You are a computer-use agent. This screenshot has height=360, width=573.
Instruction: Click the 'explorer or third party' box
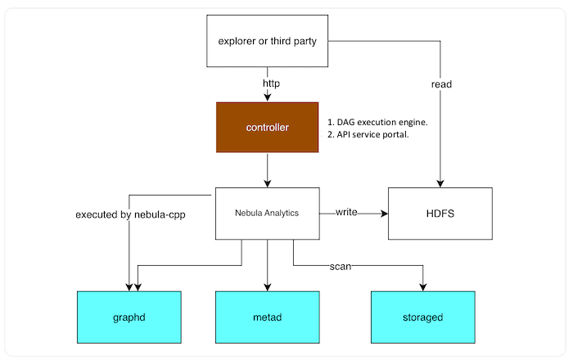pos(267,42)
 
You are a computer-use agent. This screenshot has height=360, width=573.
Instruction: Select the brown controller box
pos(267,128)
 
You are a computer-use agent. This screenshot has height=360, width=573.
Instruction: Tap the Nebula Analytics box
pos(267,214)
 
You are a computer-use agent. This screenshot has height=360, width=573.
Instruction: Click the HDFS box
pos(440,214)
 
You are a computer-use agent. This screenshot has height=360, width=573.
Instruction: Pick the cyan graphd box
pos(129,316)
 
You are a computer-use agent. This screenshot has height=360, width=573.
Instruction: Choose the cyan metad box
pos(267,316)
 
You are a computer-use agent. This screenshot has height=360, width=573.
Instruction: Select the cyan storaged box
pos(422,316)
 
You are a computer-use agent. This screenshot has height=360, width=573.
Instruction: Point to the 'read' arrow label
pos(440,83)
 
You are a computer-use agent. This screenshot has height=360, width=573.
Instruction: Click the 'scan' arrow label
pos(341,266)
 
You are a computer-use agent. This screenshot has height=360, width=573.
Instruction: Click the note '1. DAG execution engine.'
pos(377,122)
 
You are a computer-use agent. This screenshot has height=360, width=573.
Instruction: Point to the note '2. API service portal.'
pos(368,135)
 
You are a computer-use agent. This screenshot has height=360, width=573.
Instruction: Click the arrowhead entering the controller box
pos(267,98)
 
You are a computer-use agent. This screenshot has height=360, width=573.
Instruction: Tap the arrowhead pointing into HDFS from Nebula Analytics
pos(383,214)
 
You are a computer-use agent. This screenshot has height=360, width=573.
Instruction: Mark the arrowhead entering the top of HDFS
pos(440,183)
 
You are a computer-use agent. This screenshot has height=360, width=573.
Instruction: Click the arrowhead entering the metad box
pos(267,286)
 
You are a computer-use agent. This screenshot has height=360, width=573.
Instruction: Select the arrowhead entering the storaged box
pos(422,286)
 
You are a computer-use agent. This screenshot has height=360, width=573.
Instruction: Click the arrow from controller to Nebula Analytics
pos(267,170)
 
